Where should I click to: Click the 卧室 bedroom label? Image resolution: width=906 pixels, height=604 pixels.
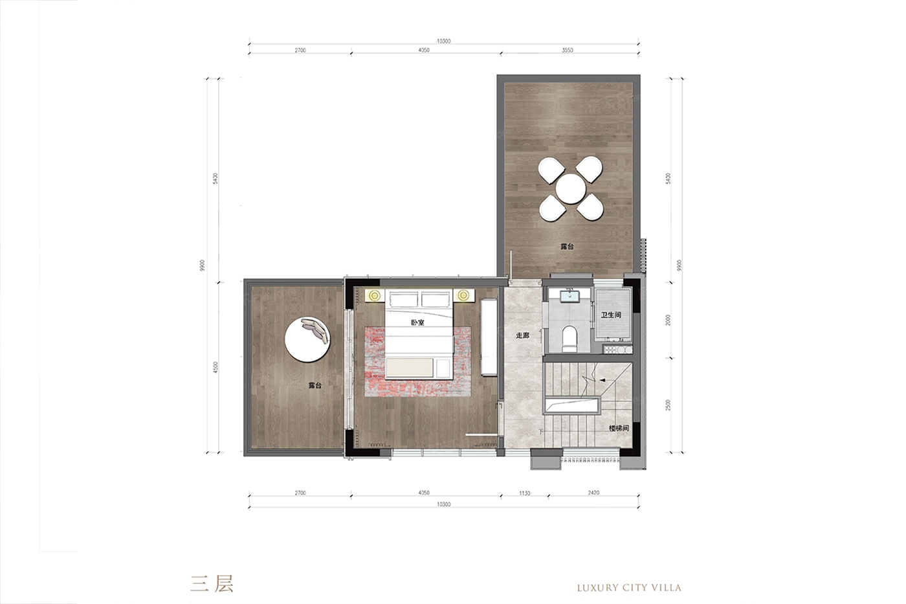417,323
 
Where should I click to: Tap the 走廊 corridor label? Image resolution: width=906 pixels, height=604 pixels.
523,335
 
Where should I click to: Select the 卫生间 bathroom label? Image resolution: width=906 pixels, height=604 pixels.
611,315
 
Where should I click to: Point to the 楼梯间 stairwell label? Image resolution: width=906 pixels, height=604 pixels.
619,428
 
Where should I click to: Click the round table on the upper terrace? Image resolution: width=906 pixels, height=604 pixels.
570,189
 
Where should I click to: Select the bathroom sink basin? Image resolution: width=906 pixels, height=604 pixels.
570,296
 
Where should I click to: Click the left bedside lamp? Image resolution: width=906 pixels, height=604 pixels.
374,295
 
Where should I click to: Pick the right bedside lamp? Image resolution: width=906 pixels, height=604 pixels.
463,295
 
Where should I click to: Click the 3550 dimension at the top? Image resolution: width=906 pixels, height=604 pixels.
568,50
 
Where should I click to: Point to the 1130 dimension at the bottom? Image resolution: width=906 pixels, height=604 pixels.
525,493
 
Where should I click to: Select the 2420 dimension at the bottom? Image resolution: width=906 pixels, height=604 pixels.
593,493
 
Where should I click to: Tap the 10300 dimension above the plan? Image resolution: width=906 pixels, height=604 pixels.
444,41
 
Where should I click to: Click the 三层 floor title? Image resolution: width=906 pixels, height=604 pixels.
212,583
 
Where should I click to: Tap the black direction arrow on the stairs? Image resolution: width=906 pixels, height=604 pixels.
602,380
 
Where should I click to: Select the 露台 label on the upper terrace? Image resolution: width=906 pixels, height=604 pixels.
567,247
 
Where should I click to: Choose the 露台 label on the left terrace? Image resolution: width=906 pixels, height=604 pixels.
315,386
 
